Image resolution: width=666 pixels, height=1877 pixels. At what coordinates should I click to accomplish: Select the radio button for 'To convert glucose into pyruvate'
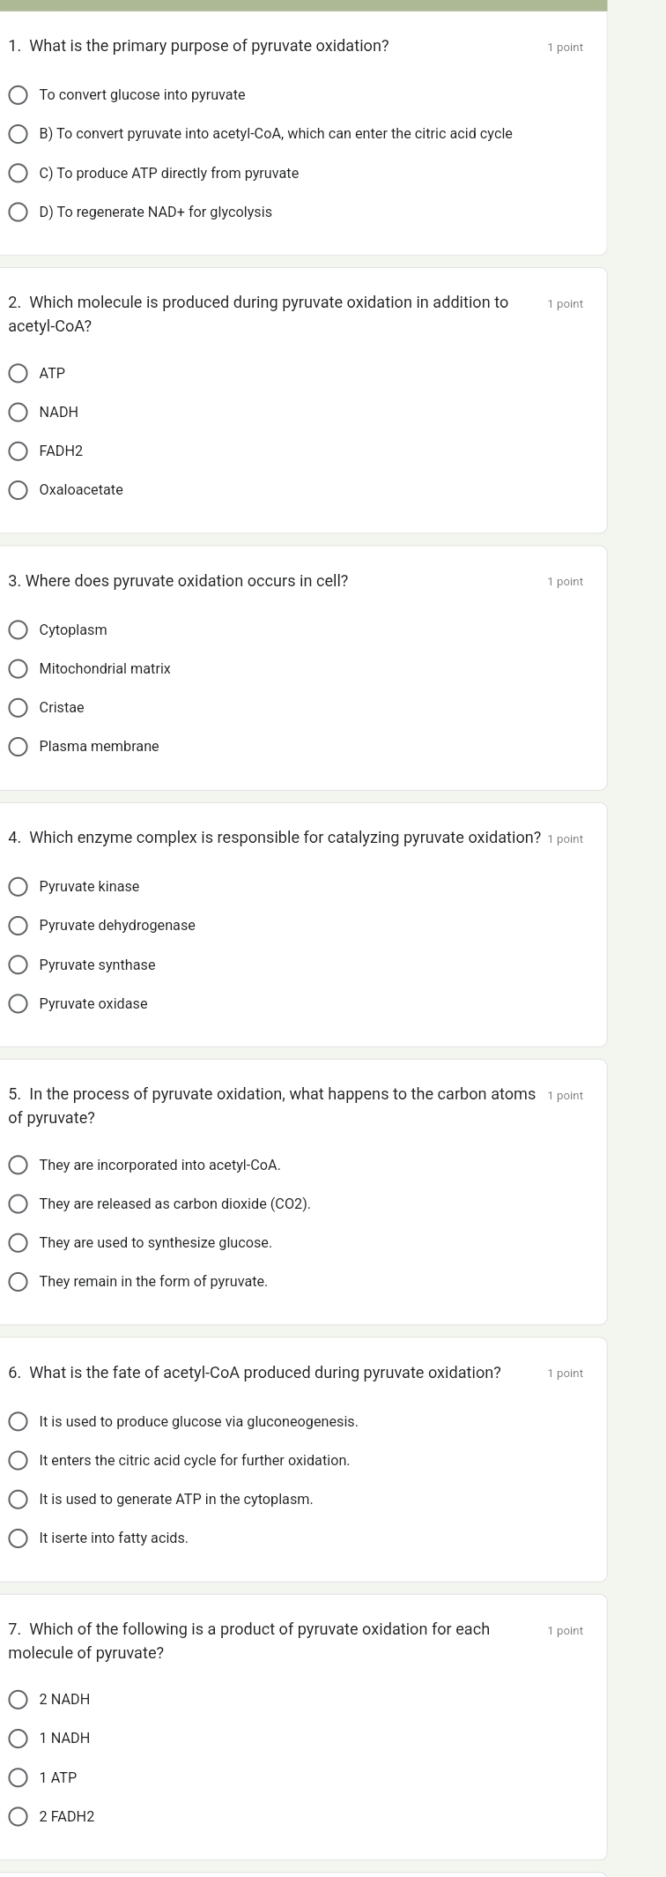[x=18, y=94]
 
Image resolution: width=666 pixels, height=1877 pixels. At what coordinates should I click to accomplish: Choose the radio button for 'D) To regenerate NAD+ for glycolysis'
[x=18, y=212]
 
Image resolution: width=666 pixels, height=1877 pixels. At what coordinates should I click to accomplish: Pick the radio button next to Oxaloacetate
[x=18, y=489]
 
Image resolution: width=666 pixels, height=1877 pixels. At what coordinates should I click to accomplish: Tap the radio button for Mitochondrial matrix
[x=18, y=668]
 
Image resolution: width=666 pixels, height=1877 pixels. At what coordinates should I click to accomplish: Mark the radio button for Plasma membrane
[x=18, y=746]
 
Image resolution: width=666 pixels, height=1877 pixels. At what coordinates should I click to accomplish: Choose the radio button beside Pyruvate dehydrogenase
[x=18, y=925]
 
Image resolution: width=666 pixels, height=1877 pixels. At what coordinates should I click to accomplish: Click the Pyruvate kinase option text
[x=89, y=886]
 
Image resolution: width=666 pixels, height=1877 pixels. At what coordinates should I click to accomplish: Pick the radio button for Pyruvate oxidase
[x=18, y=1003]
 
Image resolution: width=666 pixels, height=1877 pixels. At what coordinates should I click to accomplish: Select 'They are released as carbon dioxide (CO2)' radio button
[x=18, y=1203]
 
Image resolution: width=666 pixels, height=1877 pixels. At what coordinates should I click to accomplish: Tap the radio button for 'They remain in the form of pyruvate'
[x=18, y=1281]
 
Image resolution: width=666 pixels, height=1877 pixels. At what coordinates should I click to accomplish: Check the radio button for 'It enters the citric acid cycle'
[x=18, y=1460]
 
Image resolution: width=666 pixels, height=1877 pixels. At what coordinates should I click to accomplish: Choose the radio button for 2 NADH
[x=18, y=1699]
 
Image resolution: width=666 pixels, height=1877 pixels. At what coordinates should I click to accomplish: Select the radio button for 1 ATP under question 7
[x=18, y=1777]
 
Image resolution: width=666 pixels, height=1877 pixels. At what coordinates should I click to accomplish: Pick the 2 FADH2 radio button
[x=18, y=1816]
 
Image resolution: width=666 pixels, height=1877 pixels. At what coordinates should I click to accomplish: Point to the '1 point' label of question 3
[x=565, y=582]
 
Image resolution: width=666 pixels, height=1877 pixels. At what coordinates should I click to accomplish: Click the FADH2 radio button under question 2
[x=18, y=451]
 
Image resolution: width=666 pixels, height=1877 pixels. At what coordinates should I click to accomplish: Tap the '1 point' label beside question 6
[x=565, y=1374]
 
